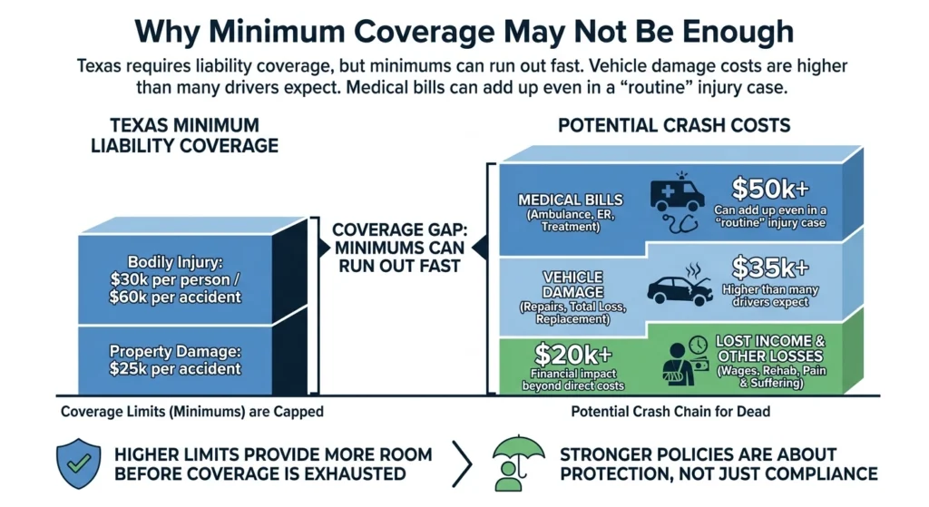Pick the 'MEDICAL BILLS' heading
[557, 200]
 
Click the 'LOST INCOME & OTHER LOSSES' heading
[768, 348]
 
